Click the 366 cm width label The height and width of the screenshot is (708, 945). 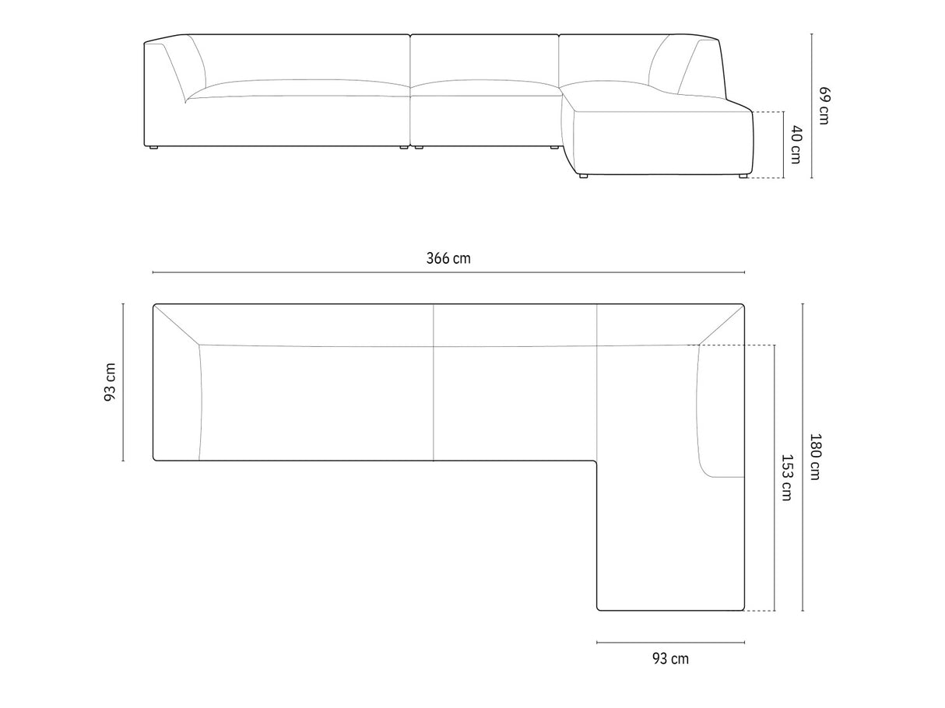[x=448, y=258]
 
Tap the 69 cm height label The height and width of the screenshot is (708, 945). [x=824, y=106]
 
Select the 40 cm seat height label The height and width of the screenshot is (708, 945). [x=796, y=145]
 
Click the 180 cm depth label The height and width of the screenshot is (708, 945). [x=815, y=457]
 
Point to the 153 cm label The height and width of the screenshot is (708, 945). [x=786, y=478]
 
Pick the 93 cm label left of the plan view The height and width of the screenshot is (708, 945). [x=111, y=382]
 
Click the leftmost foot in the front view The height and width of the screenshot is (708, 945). [x=153, y=148]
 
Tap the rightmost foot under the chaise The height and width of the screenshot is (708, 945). [x=743, y=176]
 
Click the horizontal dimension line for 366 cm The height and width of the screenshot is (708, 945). [x=448, y=272]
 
